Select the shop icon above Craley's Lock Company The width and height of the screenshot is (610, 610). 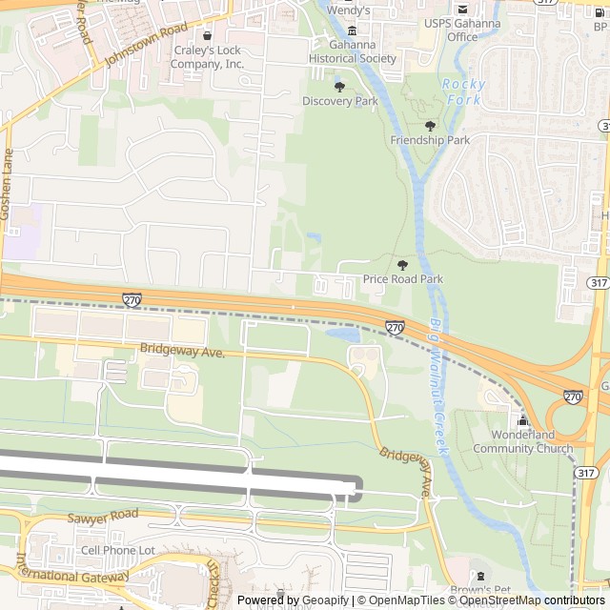(x=208, y=36)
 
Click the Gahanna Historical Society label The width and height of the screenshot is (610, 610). (x=352, y=51)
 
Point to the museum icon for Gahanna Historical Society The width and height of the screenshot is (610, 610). (x=352, y=30)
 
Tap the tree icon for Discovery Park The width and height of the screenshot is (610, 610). (x=340, y=87)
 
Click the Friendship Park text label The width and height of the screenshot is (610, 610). (x=430, y=140)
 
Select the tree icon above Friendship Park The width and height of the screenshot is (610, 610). (x=430, y=125)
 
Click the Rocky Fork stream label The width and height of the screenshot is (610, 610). (x=464, y=91)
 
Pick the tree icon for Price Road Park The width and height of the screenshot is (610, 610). (x=402, y=264)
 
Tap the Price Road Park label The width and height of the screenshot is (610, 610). (x=402, y=279)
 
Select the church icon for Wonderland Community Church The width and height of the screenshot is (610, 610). (x=522, y=421)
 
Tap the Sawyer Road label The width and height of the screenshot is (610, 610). (x=102, y=517)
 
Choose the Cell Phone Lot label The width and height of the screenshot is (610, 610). (x=117, y=550)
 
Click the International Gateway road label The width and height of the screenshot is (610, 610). (x=71, y=576)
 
